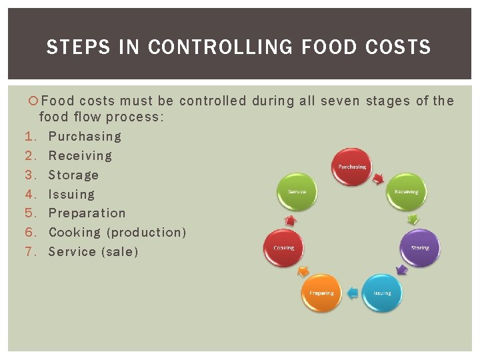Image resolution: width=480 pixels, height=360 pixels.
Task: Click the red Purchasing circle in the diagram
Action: pos(351,167)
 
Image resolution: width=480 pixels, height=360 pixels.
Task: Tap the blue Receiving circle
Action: pos(406,192)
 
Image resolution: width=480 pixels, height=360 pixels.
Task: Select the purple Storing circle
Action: pos(420,247)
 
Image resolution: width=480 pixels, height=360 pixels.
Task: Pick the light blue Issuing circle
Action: pos(382,293)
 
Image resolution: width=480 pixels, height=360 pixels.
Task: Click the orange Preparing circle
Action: pos(321,293)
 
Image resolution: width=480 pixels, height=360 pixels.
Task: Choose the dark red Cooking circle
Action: pos(283,247)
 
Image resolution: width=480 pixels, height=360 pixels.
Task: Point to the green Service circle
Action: pos(297,192)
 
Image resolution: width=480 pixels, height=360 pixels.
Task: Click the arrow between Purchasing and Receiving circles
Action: pos(379,178)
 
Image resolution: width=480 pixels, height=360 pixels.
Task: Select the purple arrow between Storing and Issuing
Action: pos(401,270)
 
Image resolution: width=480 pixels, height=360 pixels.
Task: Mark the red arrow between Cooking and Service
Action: pos(290,219)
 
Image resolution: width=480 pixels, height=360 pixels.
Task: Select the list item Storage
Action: pos(73,175)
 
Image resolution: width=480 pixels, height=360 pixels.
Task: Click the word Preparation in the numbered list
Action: pos(87,213)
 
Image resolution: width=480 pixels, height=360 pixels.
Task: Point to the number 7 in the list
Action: pos(29,252)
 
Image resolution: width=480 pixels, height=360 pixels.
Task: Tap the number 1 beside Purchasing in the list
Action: pos(29,137)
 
